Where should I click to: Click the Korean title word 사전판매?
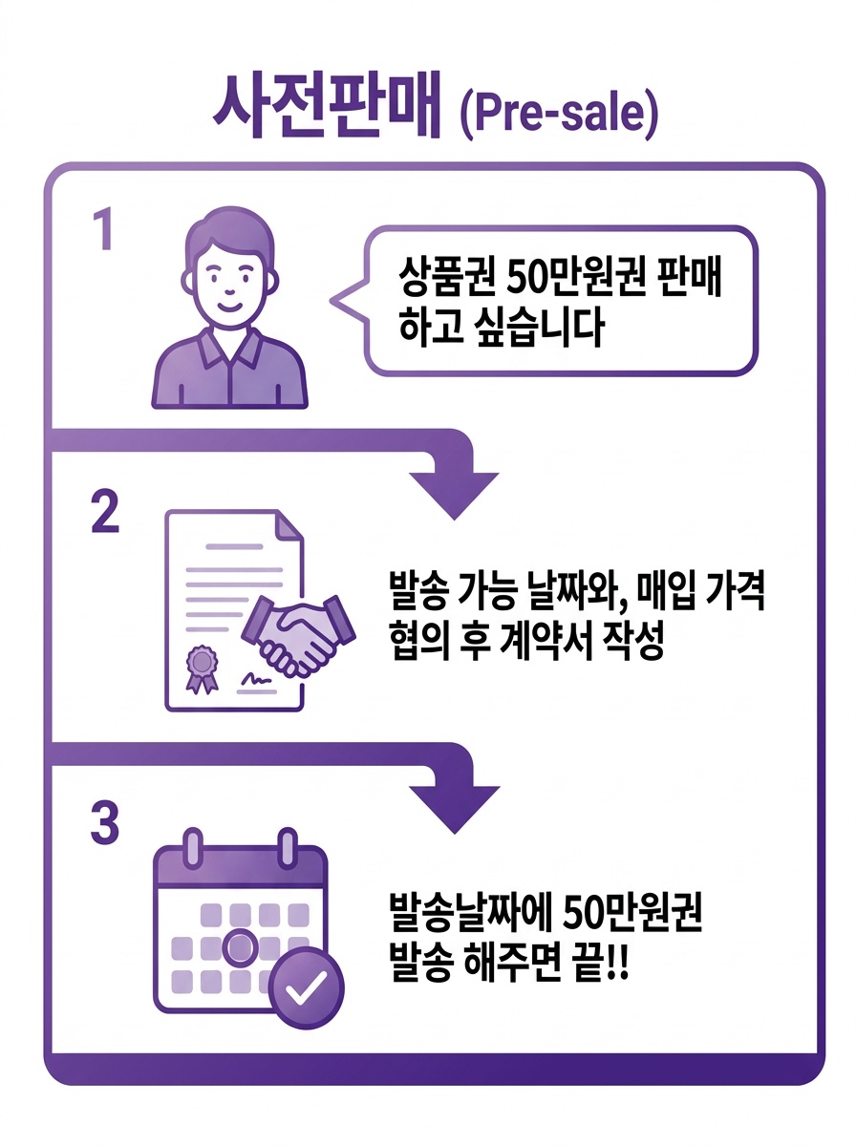(325, 108)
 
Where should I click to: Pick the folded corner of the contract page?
(288, 525)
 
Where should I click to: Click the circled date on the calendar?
(241, 946)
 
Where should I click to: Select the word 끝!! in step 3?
(608, 957)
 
